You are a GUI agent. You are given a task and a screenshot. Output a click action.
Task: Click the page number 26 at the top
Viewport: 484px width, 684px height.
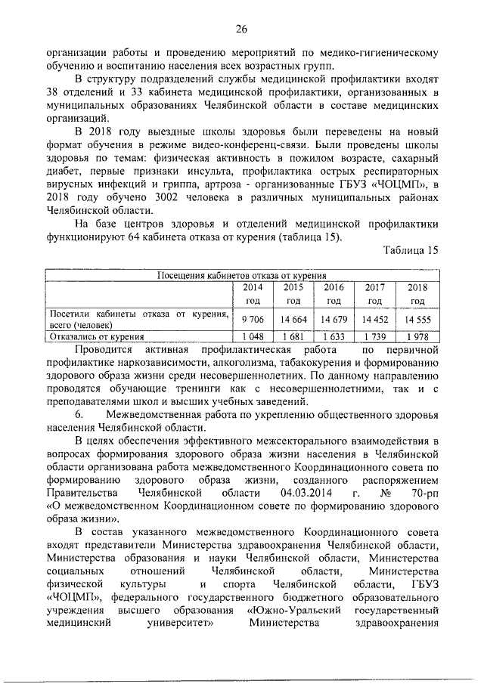241,29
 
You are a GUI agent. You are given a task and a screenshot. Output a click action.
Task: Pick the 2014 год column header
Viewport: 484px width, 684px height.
252,294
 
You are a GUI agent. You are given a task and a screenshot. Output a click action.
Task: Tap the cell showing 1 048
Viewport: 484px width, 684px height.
252,336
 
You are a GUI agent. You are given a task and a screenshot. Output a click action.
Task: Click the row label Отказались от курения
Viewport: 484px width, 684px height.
96,336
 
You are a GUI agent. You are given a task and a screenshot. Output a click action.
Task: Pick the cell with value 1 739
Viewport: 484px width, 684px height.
375,336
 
